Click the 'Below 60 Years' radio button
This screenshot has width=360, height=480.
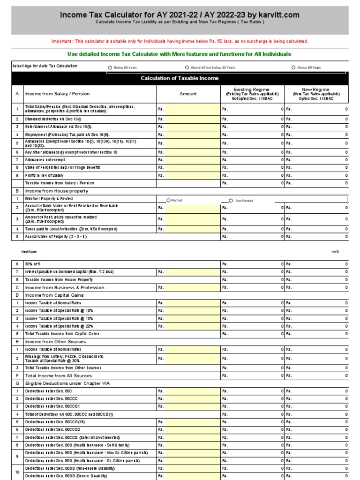tap(110, 67)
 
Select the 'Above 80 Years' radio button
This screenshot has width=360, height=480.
tap(293, 67)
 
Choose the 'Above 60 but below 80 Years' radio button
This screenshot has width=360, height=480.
tap(187, 67)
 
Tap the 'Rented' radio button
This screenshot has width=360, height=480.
tap(168, 201)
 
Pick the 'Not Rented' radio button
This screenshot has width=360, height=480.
tap(231, 201)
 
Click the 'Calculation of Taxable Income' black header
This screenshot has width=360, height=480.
tap(180, 78)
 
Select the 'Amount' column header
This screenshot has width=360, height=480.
tap(188, 94)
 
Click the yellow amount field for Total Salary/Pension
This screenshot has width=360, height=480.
tap(192, 109)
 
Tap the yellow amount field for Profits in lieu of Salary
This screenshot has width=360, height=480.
tap(192, 175)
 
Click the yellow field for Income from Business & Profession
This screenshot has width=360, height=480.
tap(192, 287)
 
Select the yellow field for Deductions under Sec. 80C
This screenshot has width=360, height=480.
tap(192, 391)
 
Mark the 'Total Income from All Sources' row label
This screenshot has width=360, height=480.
tap(59, 375)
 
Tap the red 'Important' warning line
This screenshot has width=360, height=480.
tap(180, 41)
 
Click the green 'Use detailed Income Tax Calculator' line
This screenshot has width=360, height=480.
tap(180, 54)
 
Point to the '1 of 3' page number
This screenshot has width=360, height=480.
tap(335, 252)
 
